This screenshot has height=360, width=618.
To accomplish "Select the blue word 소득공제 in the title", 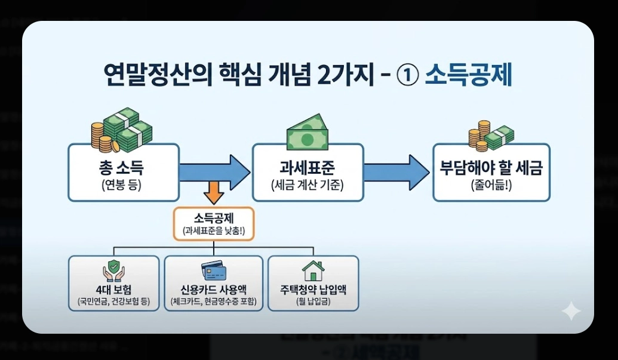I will (x=468, y=76).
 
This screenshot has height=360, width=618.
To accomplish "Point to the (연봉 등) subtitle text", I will (x=124, y=184).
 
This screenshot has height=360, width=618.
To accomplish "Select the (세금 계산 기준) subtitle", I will (x=307, y=184).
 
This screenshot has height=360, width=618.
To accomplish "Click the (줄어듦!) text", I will (x=491, y=184).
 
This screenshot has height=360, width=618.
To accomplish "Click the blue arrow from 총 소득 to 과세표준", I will (x=214, y=171).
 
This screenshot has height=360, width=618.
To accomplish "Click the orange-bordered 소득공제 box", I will (x=214, y=224).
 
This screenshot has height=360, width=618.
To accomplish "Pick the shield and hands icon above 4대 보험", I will (x=113, y=270).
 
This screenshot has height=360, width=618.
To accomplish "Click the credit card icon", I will (x=213, y=270).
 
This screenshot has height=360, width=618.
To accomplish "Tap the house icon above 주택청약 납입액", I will (x=313, y=270).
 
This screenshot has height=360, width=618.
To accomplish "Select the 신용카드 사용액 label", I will (x=213, y=290).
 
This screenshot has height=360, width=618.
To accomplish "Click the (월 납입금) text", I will (x=313, y=301).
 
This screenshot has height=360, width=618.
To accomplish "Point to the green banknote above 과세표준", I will (x=307, y=131).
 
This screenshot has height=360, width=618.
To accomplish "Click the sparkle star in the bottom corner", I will (x=570, y=311).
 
